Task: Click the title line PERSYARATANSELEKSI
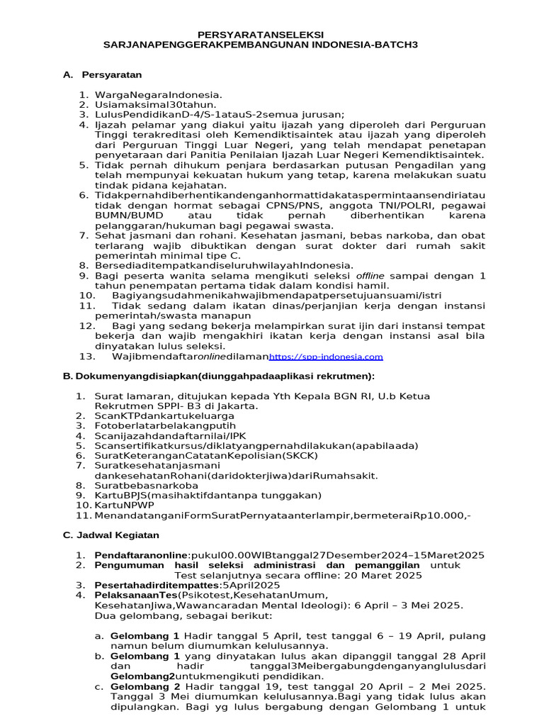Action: [x=260, y=34]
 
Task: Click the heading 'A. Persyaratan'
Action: [x=103, y=74]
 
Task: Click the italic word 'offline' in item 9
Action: [x=370, y=275]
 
